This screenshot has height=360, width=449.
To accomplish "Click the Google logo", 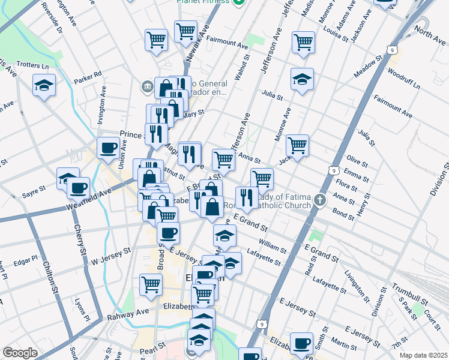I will (x=20, y=353).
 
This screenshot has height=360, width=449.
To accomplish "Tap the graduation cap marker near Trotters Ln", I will (x=44, y=85).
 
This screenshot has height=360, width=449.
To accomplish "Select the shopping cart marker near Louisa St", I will (x=303, y=42).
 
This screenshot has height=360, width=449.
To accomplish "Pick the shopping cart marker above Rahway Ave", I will (x=151, y=284).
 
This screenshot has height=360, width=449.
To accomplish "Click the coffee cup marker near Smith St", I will (x=301, y=343).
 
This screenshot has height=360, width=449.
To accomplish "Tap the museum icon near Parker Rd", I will (x=147, y=86).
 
